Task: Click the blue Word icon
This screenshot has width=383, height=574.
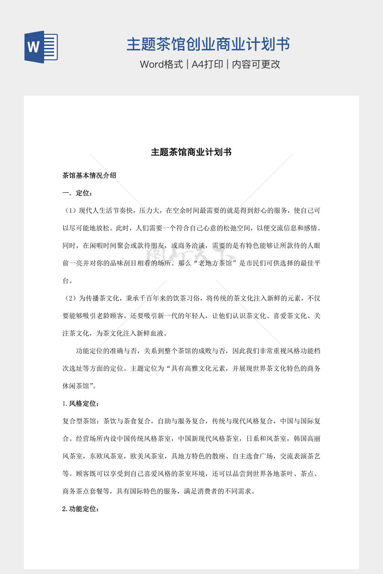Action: (41, 47)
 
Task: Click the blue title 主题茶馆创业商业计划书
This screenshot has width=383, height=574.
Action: (208, 44)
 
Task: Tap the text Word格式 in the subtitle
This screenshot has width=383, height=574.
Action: (161, 64)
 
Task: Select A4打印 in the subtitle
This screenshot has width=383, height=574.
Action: (207, 64)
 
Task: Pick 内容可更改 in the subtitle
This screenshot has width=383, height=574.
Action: (256, 64)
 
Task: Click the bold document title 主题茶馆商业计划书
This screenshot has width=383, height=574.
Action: (191, 152)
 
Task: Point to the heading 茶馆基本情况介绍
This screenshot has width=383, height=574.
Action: (89, 175)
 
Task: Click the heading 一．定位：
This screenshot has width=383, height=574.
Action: (77, 193)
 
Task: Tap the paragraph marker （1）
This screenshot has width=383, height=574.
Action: (70, 210)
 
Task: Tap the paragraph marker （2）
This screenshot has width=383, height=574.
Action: (70, 298)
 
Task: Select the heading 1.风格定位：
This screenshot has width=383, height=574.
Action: (81, 404)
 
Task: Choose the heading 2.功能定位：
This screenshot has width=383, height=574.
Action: (81, 509)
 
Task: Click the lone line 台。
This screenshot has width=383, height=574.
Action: (67, 281)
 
